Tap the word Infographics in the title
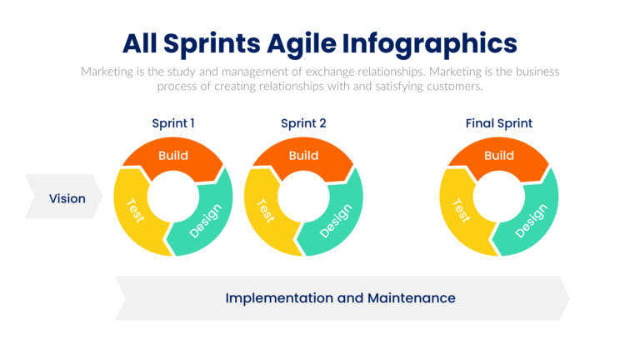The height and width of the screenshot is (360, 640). tap(442, 43)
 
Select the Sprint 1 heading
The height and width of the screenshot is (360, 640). tap(173, 123)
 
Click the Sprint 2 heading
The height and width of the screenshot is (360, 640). tap(303, 123)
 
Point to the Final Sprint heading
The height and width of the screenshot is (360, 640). tap(498, 123)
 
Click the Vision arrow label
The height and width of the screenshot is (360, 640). tap(67, 198)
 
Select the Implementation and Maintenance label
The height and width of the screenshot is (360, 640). tap(340, 297)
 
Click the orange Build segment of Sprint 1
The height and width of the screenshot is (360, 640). tap(173, 155)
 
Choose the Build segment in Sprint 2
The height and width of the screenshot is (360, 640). tap(303, 155)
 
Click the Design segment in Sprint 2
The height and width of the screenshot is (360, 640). tap(336, 219)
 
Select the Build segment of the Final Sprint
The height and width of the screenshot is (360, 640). tap(498, 155)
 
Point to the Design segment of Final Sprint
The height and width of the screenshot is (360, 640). tap(531, 219)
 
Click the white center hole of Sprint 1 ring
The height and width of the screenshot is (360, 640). tap(173, 197)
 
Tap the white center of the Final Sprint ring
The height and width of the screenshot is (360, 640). tap(498, 197)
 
